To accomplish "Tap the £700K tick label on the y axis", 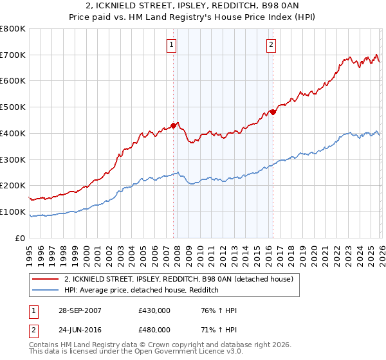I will tap(13, 55).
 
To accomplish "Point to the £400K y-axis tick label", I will tap(13, 133).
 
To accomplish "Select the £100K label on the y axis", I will tap(13, 212).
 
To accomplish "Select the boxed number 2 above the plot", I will tap(271, 45).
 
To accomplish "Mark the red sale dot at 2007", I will tap(174, 125).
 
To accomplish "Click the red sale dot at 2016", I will tap(273, 112).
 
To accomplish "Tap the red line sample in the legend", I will tap(46, 279).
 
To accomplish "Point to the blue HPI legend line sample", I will tap(46, 290).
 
